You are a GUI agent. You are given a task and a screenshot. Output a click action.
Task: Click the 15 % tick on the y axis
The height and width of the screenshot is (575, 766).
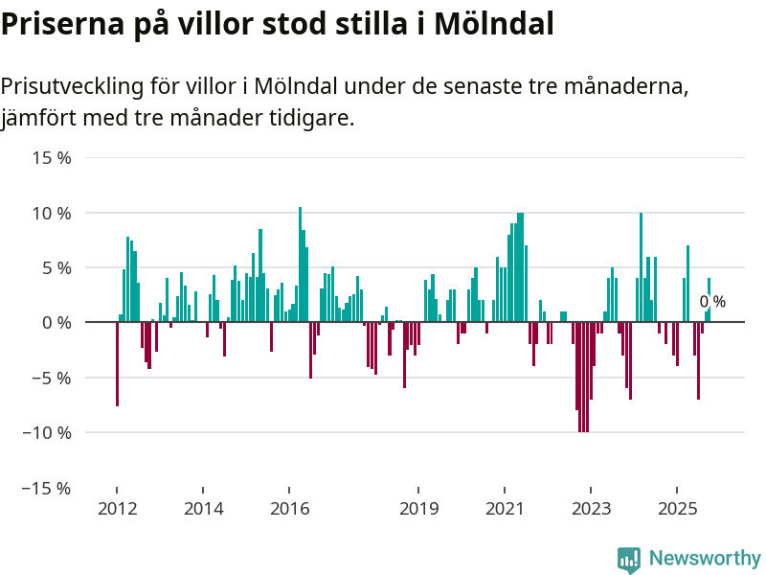pos(52,157)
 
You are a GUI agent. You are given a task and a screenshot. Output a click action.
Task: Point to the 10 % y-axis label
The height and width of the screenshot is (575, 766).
pos(52,212)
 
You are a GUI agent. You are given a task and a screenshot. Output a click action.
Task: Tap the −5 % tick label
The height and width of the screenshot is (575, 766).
pos(49,378)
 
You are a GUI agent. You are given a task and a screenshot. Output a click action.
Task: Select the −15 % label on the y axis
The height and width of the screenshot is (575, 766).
pos(45,488)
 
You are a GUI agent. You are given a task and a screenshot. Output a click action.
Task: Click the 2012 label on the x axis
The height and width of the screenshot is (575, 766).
pos(117,508)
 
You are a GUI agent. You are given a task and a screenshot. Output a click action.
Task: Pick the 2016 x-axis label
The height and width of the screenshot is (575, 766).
pos(290,508)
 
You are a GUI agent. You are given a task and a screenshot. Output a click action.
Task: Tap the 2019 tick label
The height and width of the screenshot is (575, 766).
pos(417,508)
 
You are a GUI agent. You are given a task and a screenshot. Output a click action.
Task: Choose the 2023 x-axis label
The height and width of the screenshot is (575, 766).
pos(591,508)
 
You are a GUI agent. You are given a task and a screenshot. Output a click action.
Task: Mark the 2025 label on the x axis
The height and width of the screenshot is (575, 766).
pos(677,508)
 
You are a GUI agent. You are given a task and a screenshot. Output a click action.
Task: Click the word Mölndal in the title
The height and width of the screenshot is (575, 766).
pos(494,24)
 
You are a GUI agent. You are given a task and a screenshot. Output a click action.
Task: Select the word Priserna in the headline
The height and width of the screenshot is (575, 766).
pos(59,24)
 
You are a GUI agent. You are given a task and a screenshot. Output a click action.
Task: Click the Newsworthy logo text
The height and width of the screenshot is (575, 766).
pos(705,558)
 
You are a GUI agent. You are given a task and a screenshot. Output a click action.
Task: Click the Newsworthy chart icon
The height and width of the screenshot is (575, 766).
pos(629,559)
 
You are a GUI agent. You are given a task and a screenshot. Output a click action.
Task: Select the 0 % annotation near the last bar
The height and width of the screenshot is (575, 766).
pos(712,302)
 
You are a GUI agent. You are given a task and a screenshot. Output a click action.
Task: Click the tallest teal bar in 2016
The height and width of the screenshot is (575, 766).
pos(300,264)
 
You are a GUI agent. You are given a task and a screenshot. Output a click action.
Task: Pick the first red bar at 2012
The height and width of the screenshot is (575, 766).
pos(117,364)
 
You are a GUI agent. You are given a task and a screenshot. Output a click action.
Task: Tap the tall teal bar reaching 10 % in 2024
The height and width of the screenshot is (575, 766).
pos(641,267)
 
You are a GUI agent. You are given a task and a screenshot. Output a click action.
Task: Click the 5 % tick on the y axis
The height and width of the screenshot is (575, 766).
pos(56,267)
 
